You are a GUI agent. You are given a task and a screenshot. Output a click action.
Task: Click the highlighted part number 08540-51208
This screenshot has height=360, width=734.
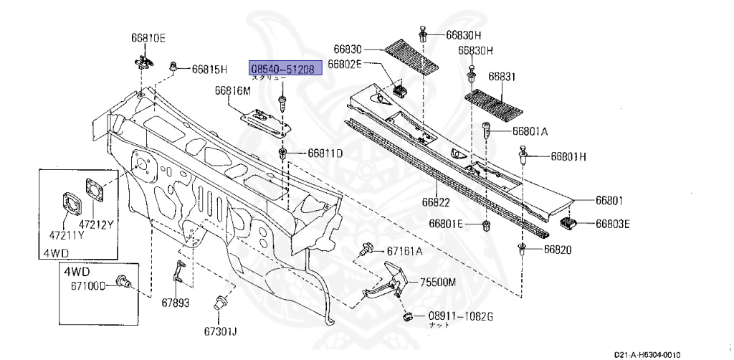point(282,69)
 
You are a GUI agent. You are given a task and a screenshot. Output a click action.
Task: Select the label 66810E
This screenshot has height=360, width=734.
point(148,37)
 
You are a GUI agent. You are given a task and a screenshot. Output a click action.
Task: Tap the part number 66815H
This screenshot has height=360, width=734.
point(209,70)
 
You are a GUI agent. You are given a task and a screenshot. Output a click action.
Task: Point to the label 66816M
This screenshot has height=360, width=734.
point(233,91)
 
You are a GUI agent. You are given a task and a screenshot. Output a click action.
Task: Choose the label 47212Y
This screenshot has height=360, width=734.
point(96,224)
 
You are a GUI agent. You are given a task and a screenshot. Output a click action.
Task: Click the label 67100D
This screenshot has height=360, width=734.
point(87,285)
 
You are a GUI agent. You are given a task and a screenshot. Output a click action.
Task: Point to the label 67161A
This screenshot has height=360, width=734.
point(405,251)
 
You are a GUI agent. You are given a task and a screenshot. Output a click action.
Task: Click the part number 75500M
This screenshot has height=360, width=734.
point(438,282)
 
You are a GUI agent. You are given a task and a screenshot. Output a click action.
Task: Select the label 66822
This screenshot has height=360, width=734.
point(437,203)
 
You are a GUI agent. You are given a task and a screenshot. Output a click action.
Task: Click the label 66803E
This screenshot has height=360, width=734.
point(612,224)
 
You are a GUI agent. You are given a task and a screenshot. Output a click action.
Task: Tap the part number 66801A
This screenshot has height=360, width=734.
point(530,132)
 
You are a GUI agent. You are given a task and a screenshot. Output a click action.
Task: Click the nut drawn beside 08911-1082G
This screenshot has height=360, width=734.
point(407,316)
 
